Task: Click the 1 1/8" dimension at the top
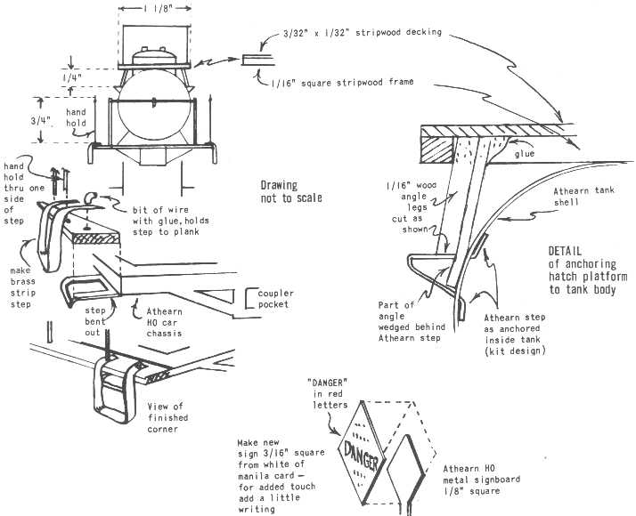click(154, 9)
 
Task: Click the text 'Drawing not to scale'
click(291, 191)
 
